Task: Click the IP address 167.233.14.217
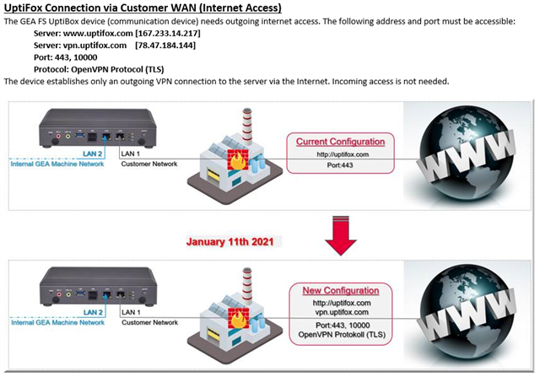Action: point(168,34)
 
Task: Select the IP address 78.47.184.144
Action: point(165,46)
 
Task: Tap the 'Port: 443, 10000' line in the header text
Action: point(66,57)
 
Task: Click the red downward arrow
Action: point(341,235)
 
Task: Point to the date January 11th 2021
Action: point(230,242)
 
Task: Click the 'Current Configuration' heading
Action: point(340,142)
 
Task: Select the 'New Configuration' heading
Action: point(341,290)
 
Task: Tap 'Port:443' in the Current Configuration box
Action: point(340,165)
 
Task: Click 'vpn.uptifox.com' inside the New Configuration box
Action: point(342,312)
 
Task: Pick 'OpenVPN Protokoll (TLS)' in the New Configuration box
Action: point(342,335)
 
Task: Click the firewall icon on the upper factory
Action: point(238,159)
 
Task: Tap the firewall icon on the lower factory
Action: point(238,318)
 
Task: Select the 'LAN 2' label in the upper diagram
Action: point(92,153)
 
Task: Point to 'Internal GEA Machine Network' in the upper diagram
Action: point(57,164)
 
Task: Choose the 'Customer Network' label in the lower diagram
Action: point(150,323)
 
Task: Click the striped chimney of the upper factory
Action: point(247,125)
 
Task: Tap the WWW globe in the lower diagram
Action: point(467,315)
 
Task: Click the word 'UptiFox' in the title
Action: point(24,8)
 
